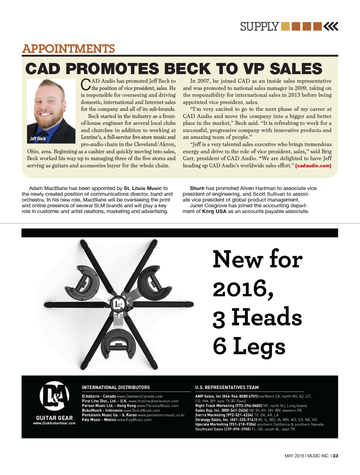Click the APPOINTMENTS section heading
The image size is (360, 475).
pos(69,49)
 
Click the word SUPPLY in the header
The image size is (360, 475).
pos(259,27)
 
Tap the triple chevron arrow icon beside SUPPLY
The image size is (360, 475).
pos(331,26)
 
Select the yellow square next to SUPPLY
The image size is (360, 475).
pos(285,26)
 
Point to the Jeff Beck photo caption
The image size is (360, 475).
pos(38,139)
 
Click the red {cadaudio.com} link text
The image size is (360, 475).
pos(313,166)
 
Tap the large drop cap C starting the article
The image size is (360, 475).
pos(86,85)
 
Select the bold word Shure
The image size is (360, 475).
pos(197,188)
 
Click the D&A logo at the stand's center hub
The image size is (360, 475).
pos(118,304)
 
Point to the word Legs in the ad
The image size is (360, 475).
pos(259,347)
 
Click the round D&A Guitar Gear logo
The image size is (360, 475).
pos(54,396)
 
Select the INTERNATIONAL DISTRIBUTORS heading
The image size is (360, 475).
pos(116,388)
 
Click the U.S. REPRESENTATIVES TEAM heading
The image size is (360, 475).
pos(227,388)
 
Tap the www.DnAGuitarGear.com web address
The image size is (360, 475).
pos(54,423)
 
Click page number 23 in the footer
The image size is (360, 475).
pos(336,456)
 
